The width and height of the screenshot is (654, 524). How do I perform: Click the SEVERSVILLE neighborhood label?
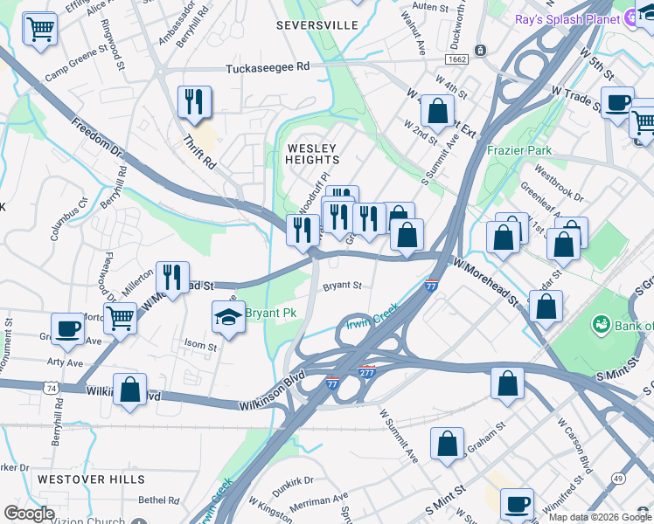[317, 25]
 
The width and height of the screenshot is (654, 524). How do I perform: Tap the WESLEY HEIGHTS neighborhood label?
[312, 154]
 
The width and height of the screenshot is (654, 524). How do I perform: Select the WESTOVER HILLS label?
[91, 479]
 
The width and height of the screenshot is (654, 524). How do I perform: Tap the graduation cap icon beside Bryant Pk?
[227, 315]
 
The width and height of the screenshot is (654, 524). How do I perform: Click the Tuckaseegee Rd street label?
[268, 67]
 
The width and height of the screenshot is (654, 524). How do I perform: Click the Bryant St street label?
[342, 286]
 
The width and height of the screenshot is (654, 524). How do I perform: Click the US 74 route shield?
[52, 387]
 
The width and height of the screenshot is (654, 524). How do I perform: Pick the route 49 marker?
[617, 479]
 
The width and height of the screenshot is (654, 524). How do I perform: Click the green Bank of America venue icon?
[602, 325]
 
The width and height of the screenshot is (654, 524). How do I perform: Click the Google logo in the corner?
[28, 514]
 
